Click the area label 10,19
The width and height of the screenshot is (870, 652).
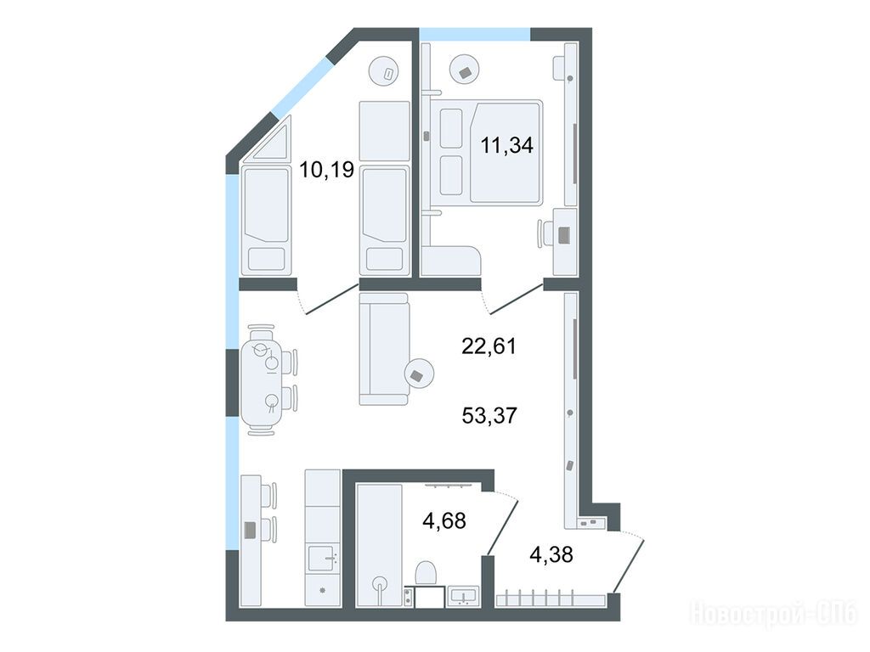click(326, 169)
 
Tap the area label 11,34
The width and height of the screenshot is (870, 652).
click(506, 145)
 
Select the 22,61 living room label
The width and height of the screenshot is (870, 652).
click(489, 346)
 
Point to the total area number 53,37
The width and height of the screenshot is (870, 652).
click(489, 414)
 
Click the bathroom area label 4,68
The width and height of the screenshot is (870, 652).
click(443, 520)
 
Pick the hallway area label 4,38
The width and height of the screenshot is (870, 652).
click(551, 554)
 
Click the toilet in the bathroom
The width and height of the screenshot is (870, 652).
click(426, 572)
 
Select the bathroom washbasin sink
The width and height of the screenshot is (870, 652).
click(463, 596)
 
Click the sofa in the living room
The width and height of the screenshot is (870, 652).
click(384, 349)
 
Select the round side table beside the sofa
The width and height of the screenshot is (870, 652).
click(419, 374)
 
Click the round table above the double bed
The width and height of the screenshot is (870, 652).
click(465, 70)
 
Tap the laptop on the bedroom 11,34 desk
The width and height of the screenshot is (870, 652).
click(564, 235)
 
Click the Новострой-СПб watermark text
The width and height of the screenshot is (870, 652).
click(773, 614)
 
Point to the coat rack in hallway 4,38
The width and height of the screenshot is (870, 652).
click(551, 600)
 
